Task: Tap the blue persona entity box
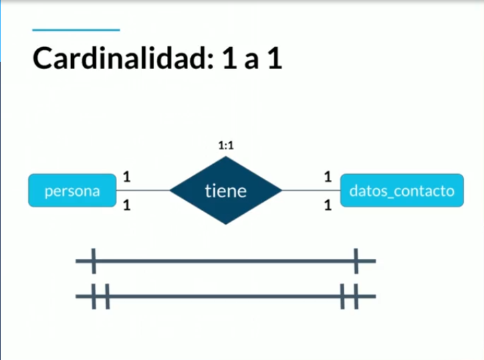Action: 72,191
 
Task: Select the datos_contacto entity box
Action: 402,191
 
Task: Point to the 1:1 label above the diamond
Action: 226,145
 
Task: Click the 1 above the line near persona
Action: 126,177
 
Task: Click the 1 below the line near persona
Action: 126,206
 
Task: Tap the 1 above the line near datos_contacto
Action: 327,177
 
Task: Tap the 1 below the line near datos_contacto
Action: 327,206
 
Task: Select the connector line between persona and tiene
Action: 143,191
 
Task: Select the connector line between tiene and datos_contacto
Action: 310,191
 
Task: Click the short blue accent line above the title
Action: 76,30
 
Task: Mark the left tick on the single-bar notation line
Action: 93,261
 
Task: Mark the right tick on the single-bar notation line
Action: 357,261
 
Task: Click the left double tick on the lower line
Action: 100,296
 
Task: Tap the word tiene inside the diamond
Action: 226,192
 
